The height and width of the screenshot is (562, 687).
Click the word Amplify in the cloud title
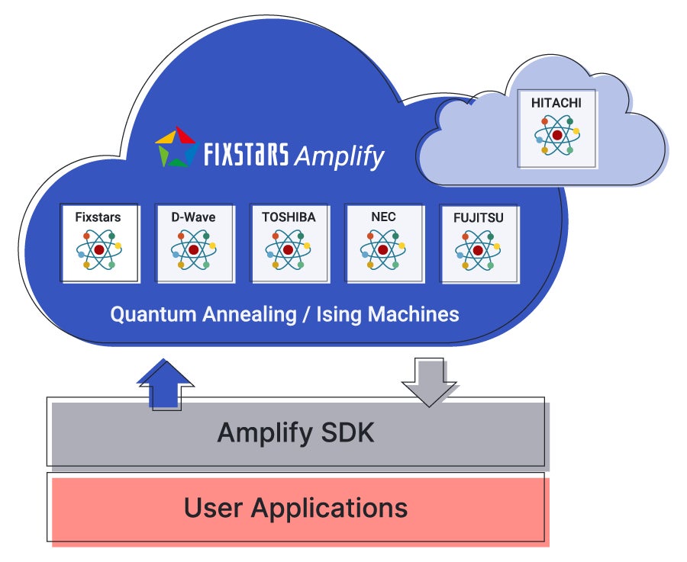(x=339, y=156)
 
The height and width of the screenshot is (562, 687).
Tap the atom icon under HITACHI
(x=557, y=134)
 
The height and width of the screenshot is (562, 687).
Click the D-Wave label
(x=193, y=217)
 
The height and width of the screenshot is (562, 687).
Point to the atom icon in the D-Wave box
(x=193, y=250)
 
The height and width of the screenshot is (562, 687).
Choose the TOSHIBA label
(x=289, y=217)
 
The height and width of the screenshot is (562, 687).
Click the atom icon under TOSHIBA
(x=289, y=250)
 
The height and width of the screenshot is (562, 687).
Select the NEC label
(x=383, y=217)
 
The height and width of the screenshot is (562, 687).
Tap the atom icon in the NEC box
(x=383, y=250)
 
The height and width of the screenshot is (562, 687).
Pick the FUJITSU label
(x=478, y=217)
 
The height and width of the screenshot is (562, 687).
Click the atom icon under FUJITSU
(x=478, y=250)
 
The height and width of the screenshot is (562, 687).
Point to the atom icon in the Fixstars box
(x=99, y=250)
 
